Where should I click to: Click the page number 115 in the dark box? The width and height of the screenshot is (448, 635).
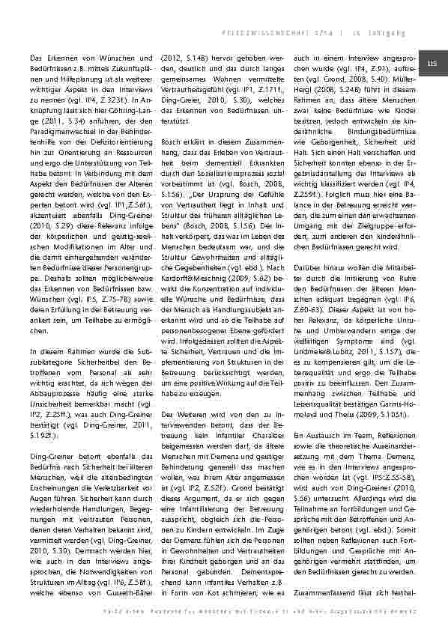432,64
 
